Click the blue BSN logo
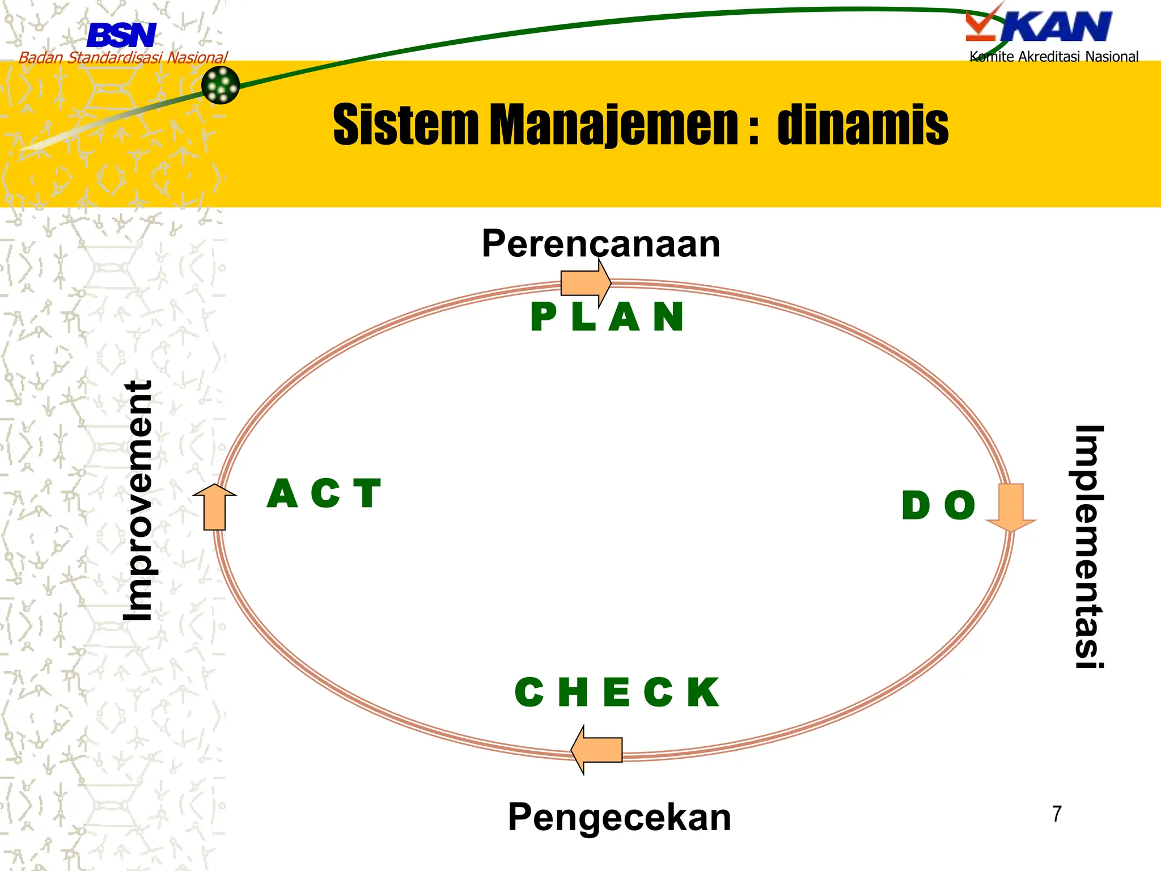pos(121,35)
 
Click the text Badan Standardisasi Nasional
pos(123,57)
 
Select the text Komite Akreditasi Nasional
pos(1053,57)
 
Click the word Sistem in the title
pos(406,125)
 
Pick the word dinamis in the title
pos(862,125)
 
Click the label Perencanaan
pos(600,244)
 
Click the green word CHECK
pos(617,692)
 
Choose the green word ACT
pos(324,493)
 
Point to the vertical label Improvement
pos(138,500)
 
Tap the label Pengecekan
pos(619,817)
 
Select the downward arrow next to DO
pos(1011,506)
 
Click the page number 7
pos(1057,814)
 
